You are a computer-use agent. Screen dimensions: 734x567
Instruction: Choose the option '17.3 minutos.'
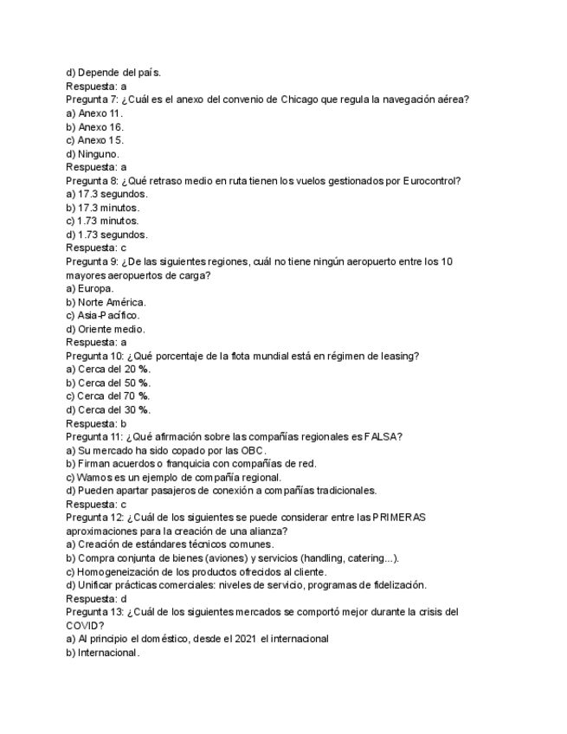coord(102,207)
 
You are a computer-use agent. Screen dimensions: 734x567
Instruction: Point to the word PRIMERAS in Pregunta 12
coord(398,518)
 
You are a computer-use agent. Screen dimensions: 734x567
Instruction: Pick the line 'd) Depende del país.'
coord(113,73)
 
